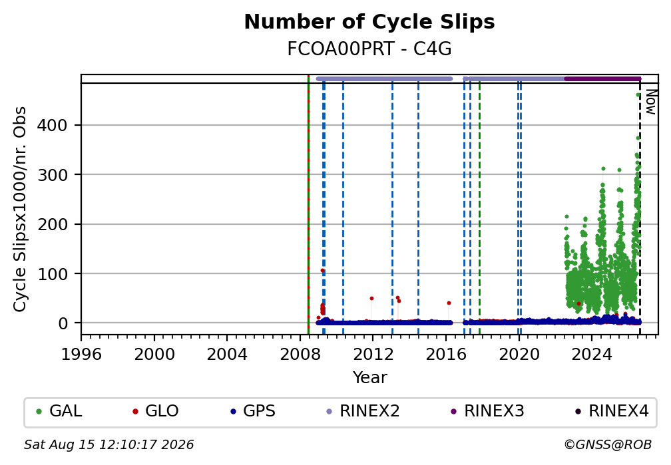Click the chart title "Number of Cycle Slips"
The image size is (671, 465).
click(x=369, y=22)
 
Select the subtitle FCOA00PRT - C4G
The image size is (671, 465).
click(x=369, y=49)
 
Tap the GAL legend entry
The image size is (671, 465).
click(x=59, y=411)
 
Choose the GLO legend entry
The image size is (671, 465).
click(x=156, y=411)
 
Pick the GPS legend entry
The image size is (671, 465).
click(x=253, y=411)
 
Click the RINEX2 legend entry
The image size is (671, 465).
click(x=363, y=411)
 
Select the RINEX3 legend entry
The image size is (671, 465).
click(x=487, y=411)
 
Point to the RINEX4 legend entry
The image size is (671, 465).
click(x=612, y=411)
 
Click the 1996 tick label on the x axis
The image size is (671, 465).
click(x=81, y=355)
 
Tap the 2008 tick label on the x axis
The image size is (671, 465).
click(x=300, y=355)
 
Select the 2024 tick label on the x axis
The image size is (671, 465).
click(x=592, y=355)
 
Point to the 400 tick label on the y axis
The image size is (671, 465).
click(x=52, y=125)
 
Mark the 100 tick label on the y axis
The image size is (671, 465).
click(x=52, y=274)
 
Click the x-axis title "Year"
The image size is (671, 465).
click(x=369, y=378)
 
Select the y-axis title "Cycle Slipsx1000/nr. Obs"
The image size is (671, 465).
click(x=20, y=209)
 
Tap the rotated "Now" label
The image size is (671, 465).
click(x=651, y=102)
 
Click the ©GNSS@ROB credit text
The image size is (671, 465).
click(x=608, y=445)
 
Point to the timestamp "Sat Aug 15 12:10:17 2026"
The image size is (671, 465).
click(x=109, y=445)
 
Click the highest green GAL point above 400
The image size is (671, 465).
click(x=638, y=95)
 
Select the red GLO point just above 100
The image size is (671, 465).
click(x=323, y=270)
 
